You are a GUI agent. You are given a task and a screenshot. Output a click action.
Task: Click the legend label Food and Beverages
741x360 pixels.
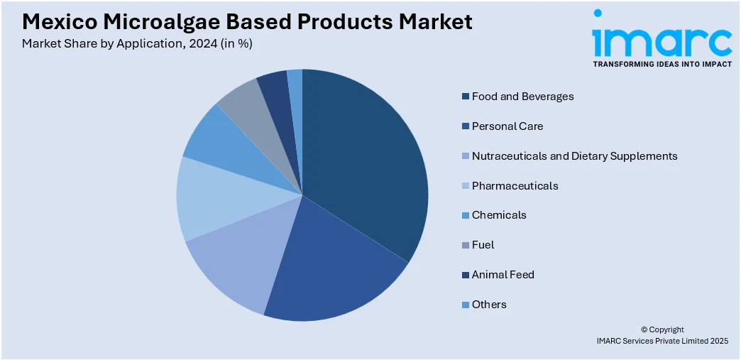point(522,97)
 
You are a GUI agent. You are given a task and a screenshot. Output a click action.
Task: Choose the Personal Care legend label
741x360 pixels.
point(507,126)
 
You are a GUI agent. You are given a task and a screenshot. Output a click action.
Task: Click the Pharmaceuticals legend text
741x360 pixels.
point(515,186)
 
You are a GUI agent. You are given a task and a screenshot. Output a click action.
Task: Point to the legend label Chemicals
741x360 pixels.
point(499,215)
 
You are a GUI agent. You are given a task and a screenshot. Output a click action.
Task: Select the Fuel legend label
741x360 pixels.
point(483,245)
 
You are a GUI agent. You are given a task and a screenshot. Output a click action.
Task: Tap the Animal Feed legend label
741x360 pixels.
point(503,275)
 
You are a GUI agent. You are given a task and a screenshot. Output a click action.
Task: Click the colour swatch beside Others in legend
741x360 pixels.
point(465,305)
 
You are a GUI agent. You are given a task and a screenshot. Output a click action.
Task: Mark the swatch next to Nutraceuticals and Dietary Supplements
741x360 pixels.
point(465,156)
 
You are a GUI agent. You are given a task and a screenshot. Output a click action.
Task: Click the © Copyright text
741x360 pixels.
point(662,329)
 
